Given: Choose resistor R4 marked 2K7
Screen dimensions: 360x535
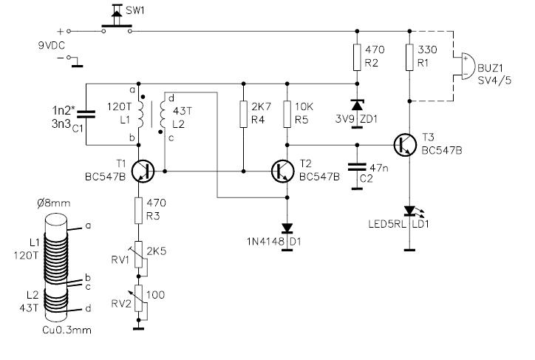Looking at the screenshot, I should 243,114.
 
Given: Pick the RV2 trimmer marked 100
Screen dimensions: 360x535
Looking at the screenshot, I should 137,297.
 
